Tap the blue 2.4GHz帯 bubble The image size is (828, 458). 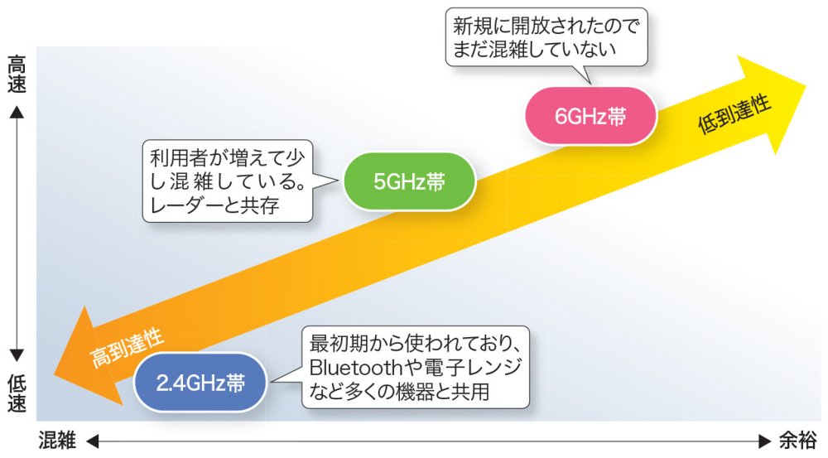(201, 383)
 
